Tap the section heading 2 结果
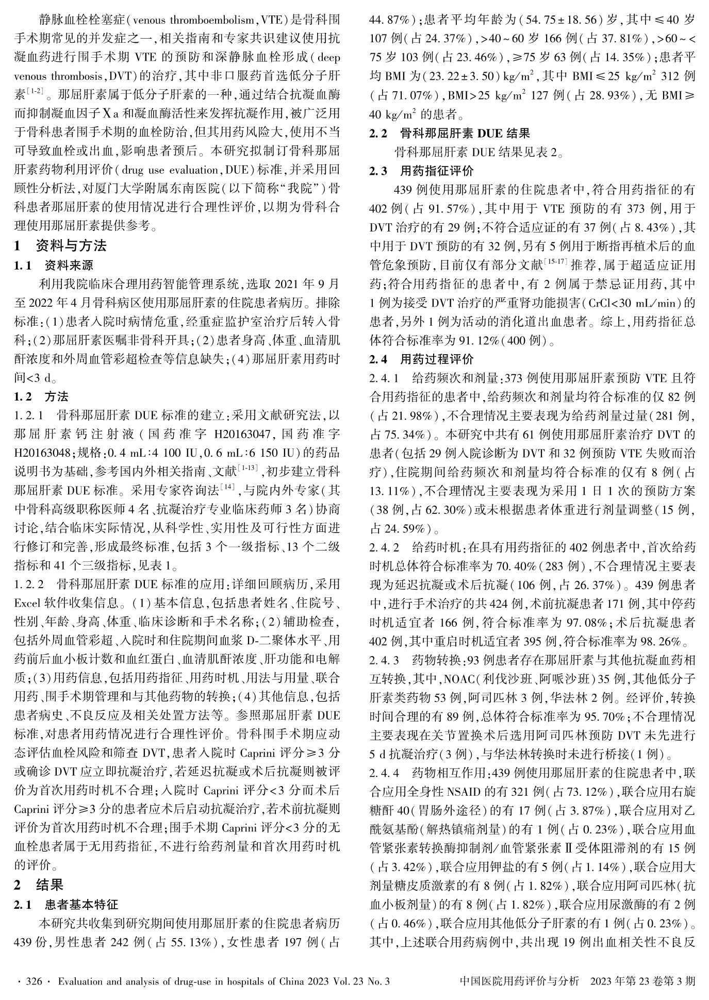[x=50, y=885]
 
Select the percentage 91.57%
[x=457, y=209]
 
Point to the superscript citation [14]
[x=227, y=487]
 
